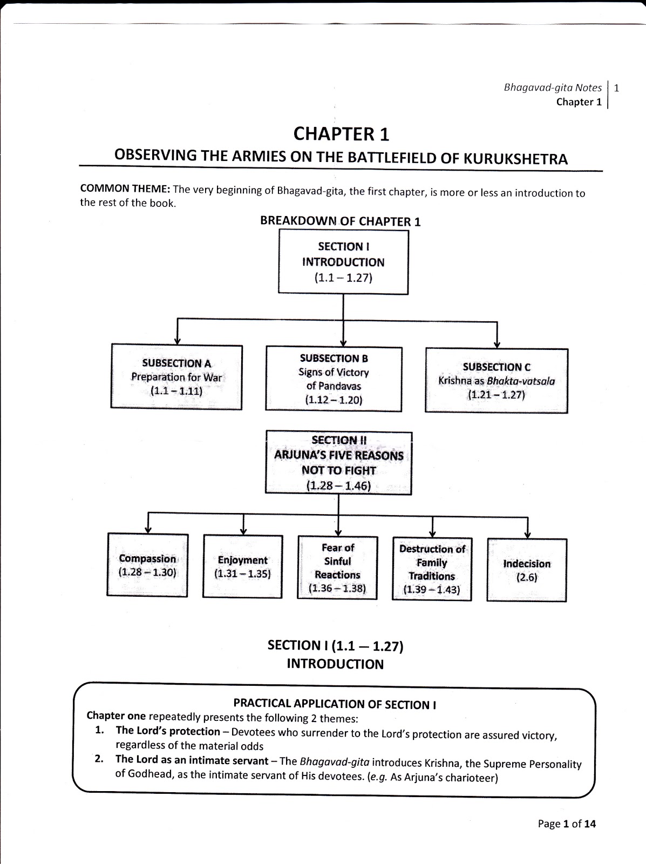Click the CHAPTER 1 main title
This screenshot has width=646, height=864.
341,134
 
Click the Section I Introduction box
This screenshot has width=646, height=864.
343,262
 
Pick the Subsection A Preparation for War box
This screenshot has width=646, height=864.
176,377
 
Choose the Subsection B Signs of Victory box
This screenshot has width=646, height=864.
334,379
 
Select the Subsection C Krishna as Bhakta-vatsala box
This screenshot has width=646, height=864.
497,380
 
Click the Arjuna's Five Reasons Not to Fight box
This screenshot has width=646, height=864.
338,463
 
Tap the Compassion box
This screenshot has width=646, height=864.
147,565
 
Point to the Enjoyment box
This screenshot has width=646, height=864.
242,566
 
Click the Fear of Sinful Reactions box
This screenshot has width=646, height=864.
337,568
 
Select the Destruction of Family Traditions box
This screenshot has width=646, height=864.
432,569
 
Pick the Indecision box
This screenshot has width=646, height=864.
527,570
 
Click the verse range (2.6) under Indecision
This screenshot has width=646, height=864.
527,577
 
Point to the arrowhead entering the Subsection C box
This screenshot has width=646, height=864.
497,345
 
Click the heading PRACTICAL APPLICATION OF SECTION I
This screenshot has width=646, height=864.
335,704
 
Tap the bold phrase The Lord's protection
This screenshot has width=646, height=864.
168,731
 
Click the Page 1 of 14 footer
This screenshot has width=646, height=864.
567,824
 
